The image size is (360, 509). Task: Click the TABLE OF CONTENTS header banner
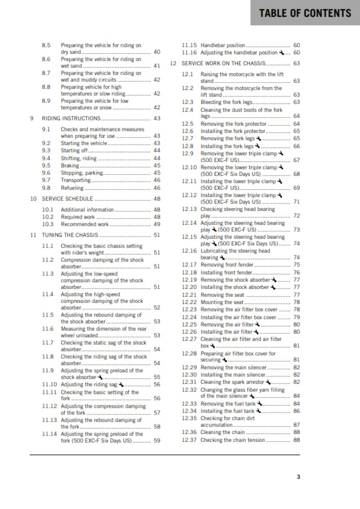[x=304, y=13]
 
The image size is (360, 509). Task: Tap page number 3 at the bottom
[x=298, y=477]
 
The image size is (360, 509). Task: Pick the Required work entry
[x=78, y=216]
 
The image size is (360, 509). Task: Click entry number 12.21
[x=189, y=295]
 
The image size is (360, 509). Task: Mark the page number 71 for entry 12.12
[x=296, y=202]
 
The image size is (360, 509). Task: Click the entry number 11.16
[x=189, y=53]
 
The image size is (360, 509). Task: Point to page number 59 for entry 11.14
[x=157, y=441]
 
